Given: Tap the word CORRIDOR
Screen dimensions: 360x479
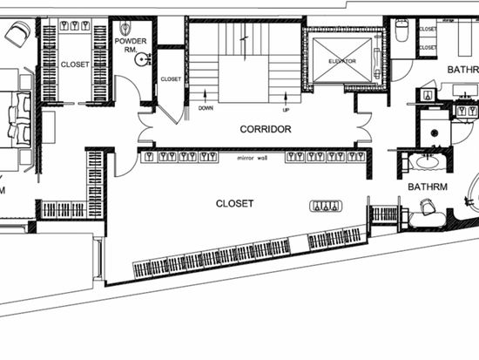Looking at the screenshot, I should point(265,129).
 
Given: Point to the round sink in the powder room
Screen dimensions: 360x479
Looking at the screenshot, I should point(141,61).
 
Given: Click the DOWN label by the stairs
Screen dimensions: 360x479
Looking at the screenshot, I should point(206,109).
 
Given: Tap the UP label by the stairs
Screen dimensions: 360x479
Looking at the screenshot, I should point(285,110).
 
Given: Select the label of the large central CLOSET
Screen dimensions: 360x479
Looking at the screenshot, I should point(234,204).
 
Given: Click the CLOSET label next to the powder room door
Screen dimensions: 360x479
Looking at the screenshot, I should point(171,79).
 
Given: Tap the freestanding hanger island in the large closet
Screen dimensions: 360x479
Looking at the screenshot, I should point(327,207).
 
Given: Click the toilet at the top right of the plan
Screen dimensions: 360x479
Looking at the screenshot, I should point(401,31).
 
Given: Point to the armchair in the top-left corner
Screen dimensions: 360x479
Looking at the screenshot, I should point(16,35).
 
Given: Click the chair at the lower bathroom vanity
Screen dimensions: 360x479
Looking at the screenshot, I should point(428,207).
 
